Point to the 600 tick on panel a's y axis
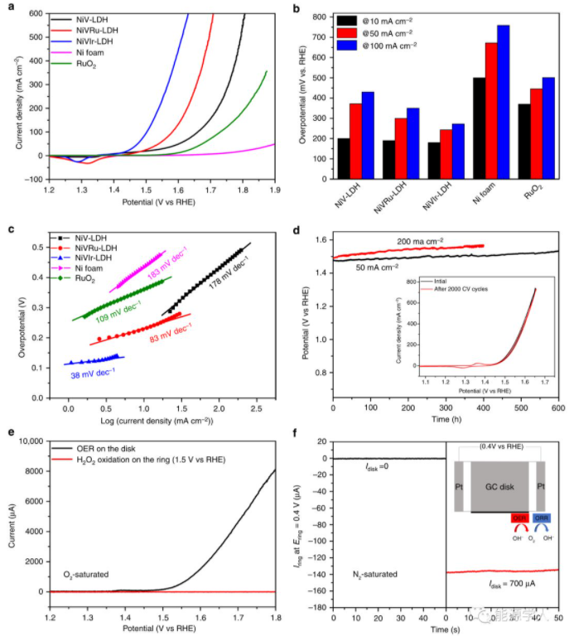[x=36, y=13]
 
